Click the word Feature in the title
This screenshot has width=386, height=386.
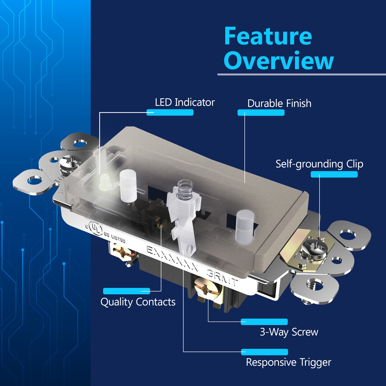pyautogui.click(x=268, y=36)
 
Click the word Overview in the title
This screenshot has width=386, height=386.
pyautogui.click(x=279, y=60)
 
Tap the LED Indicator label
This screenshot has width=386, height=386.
pyautogui.click(x=185, y=102)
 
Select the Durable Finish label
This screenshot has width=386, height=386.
pyautogui.click(x=279, y=103)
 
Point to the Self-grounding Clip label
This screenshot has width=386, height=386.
pyautogui.click(x=319, y=164)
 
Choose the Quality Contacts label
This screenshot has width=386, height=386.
pyautogui.click(x=138, y=302)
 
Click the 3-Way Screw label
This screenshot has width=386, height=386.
pyautogui.click(x=289, y=332)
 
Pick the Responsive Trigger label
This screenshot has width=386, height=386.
pyautogui.click(x=288, y=362)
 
